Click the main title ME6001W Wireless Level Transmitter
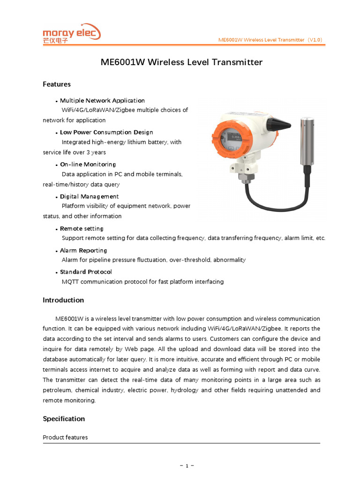(181, 62)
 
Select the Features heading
(57, 84)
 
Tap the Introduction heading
(63, 300)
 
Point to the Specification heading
(64, 419)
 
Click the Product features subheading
(65, 437)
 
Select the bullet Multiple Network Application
(102, 100)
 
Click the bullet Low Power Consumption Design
(106, 132)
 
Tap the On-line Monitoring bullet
(88, 164)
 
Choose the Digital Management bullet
(89, 196)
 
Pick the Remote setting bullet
(82, 228)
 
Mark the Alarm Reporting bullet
(83, 250)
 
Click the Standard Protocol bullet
(86, 272)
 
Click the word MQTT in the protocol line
(70, 282)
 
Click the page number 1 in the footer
(187, 465)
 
